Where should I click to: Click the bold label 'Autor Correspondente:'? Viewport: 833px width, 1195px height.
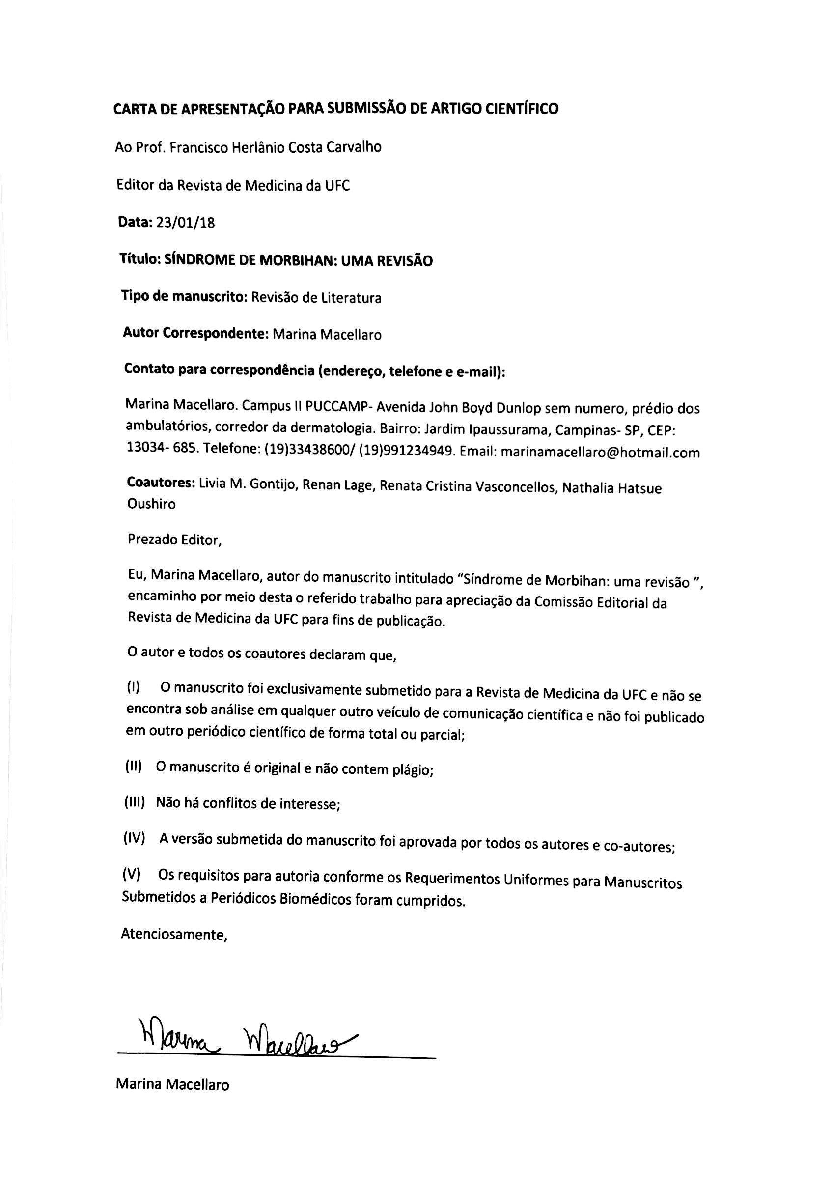pyautogui.click(x=195, y=333)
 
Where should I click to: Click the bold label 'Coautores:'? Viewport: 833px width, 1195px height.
pyautogui.click(x=161, y=483)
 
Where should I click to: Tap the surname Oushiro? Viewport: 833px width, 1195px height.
pyautogui.click(x=151, y=504)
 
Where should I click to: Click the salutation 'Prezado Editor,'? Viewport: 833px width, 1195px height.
pyautogui.click(x=175, y=540)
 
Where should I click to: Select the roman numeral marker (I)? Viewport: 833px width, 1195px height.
pyautogui.click(x=133, y=687)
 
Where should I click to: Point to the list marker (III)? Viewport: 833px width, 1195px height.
pyautogui.click(x=134, y=802)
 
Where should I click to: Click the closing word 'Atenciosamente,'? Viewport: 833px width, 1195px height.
pyautogui.click(x=174, y=934)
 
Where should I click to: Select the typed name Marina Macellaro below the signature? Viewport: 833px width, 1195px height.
pyautogui.click(x=172, y=1084)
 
